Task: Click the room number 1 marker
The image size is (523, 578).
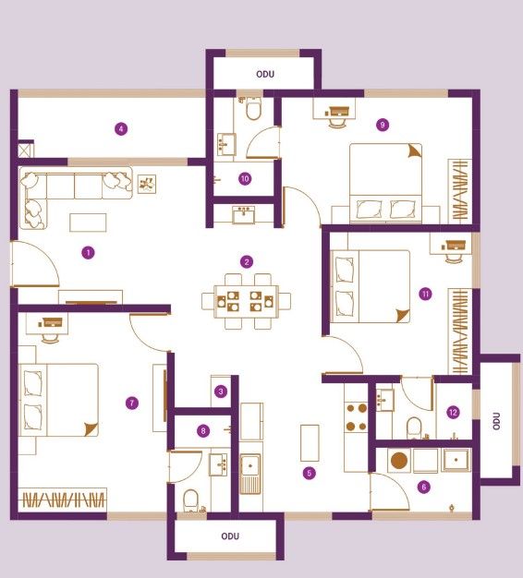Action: (88, 253)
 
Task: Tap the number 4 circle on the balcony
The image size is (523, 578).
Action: (121, 129)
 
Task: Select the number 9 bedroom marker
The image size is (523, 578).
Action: (383, 125)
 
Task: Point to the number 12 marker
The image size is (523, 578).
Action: (453, 412)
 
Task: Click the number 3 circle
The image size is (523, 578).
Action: (221, 391)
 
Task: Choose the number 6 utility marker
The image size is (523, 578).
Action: (423, 487)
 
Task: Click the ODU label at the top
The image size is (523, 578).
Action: (265, 74)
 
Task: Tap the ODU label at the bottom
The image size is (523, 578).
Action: (230, 536)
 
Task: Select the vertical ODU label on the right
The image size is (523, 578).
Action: (496, 421)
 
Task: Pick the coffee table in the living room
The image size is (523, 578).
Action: (88, 223)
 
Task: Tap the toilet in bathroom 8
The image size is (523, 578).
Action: (191, 500)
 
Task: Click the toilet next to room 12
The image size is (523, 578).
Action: (414, 428)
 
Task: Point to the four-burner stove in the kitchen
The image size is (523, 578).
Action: (357, 417)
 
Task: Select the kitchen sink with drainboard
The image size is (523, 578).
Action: (250, 474)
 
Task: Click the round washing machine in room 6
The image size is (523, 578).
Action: (399, 461)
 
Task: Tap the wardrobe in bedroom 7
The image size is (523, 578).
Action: (62, 500)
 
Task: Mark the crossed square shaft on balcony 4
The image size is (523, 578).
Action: (26, 150)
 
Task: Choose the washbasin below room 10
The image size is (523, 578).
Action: (243, 215)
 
